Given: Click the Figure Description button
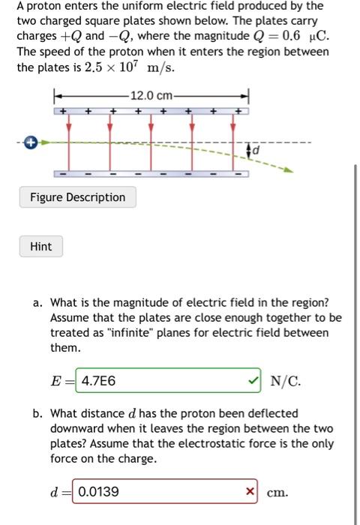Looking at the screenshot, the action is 78,197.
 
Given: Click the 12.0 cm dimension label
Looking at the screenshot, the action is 151,95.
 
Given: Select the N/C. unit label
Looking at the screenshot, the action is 285,381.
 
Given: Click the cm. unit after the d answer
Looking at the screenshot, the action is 277,493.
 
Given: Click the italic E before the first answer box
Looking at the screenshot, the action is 55,381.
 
